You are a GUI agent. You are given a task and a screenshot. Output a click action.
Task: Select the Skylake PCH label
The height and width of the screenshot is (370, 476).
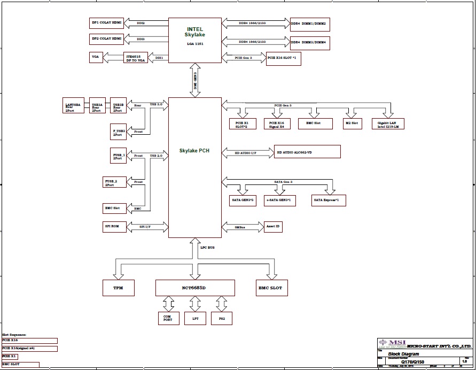point(194,151)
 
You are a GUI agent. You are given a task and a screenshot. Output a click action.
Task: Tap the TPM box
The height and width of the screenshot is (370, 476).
point(119,288)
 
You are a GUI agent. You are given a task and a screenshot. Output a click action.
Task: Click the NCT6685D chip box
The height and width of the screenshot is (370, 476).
point(195,288)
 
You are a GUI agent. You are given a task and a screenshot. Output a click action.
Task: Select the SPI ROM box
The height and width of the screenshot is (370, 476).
point(115,227)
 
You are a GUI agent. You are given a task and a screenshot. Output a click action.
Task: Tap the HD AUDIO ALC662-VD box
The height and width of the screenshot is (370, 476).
point(307,151)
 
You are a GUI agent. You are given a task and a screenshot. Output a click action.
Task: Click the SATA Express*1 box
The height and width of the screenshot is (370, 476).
point(330,200)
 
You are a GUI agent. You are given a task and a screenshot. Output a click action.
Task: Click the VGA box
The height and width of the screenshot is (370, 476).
point(96,58)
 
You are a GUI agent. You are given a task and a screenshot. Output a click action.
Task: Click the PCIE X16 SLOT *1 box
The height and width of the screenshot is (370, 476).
point(283,58)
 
